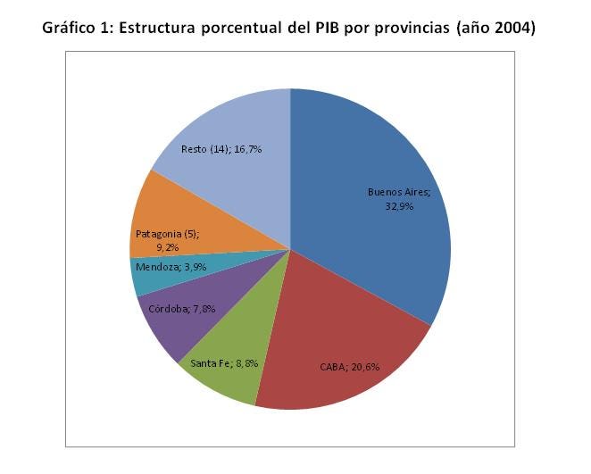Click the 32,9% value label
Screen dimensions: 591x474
pyautogui.click(x=399, y=206)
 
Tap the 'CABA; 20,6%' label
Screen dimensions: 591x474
pyautogui.click(x=349, y=367)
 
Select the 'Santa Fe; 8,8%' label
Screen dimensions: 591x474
pyautogui.click(x=224, y=363)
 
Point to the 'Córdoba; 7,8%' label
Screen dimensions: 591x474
pyautogui.click(x=181, y=309)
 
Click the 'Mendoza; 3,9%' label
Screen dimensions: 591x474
pyautogui.click(x=171, y=267)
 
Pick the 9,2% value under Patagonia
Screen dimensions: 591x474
pyautogui.click(x=167, y=247)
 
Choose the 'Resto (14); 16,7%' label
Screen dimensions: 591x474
pyautogui.click(x=221, y=149)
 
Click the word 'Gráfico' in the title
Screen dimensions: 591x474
pyautogui.click(x=69, y=29)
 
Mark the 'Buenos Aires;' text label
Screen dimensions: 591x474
pyautogui.click(x=399, y=192)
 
